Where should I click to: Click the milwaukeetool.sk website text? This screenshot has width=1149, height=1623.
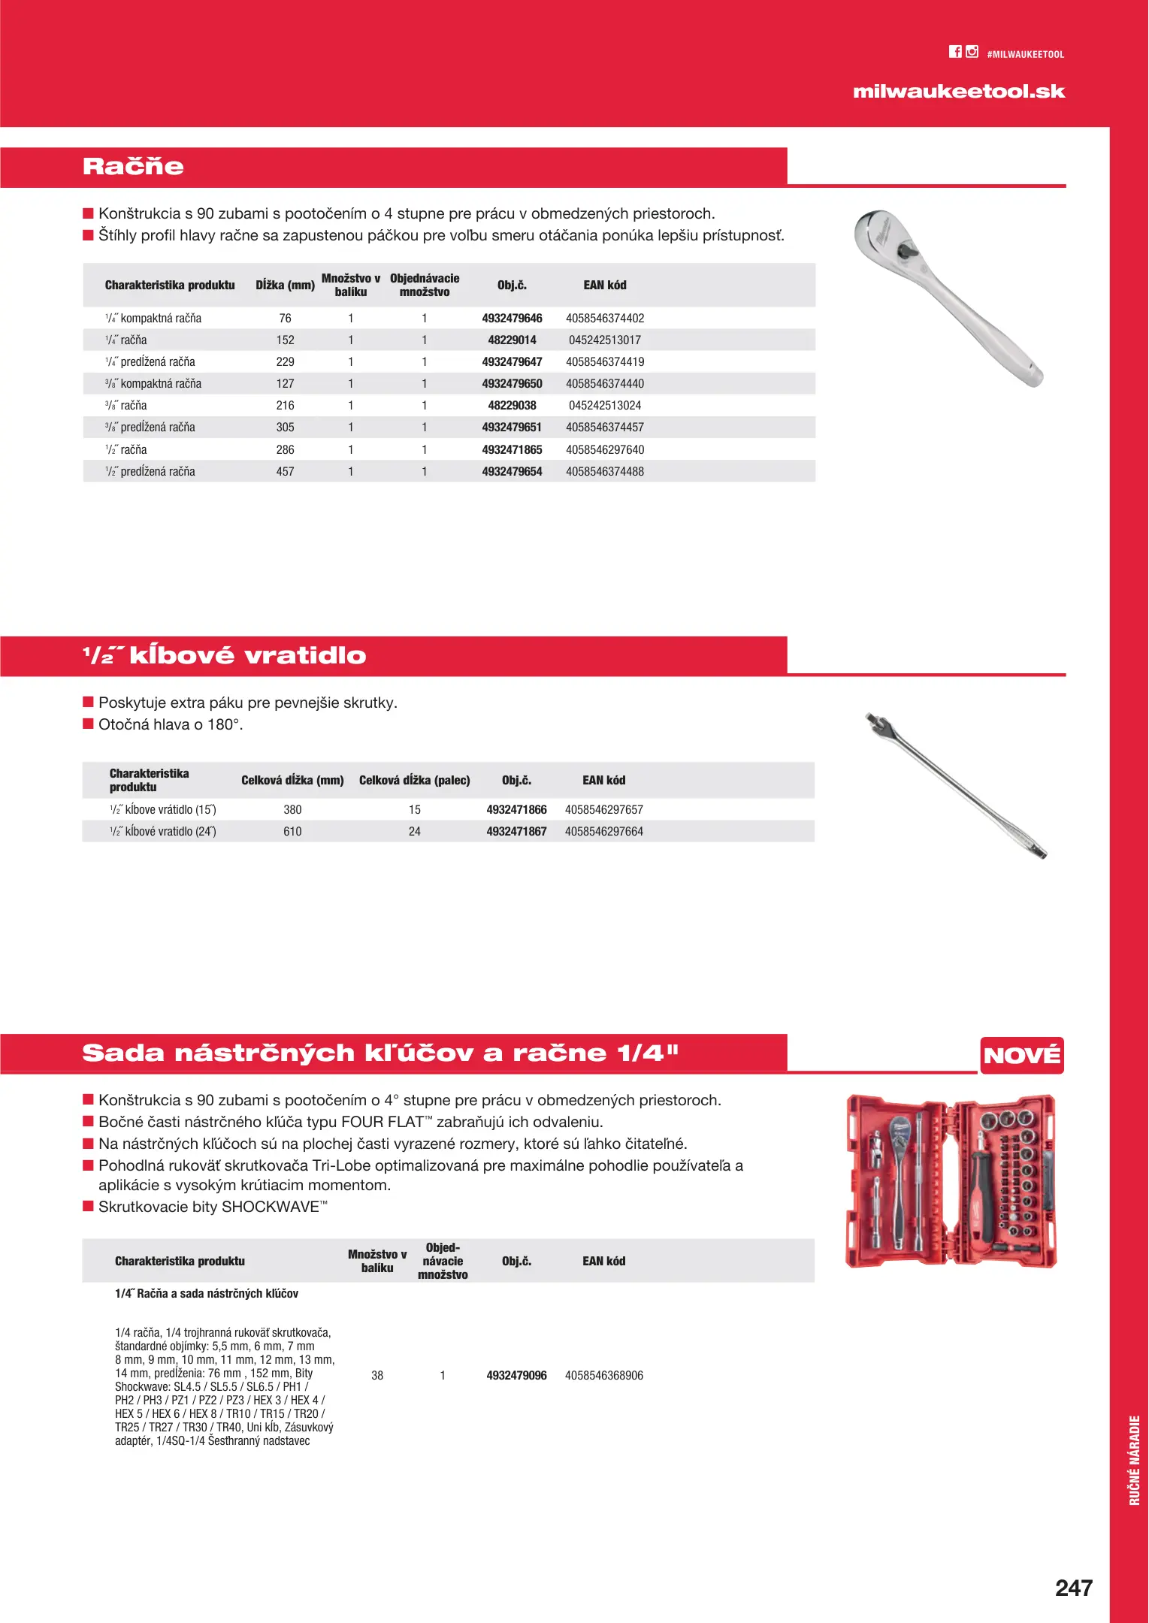tap(958, 92)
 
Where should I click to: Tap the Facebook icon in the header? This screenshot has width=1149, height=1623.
tap(955, 52)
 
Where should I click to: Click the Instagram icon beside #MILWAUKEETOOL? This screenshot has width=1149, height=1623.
tap(972, 52)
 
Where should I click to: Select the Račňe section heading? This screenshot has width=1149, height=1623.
tap(133, 167)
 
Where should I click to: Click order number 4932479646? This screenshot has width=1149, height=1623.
tap(512, 319)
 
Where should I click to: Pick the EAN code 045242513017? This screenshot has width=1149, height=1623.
tap(604, 340)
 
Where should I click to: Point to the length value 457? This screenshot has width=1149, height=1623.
tap(285, 472)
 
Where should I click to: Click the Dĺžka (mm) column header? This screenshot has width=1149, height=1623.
tap(285, 286)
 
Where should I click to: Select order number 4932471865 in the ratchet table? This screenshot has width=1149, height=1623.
tap(512, 450)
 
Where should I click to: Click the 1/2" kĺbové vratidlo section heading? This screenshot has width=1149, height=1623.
tap(224, 656)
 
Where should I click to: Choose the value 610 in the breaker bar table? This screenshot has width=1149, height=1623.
tap(292, 832)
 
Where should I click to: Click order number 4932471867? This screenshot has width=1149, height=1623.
tap(516, 832)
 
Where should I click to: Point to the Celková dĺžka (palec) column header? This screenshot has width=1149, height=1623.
tap(414, 781)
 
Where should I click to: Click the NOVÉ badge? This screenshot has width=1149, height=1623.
tap(1021, 1056)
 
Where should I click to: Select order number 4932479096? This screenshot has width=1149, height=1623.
tap(516, 1376)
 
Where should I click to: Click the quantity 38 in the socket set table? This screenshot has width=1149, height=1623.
tap(377, 1376)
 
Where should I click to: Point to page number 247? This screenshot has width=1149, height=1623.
tap(1073, 1588)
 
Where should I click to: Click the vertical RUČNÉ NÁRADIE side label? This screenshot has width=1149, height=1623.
tap(1134, 1460)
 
